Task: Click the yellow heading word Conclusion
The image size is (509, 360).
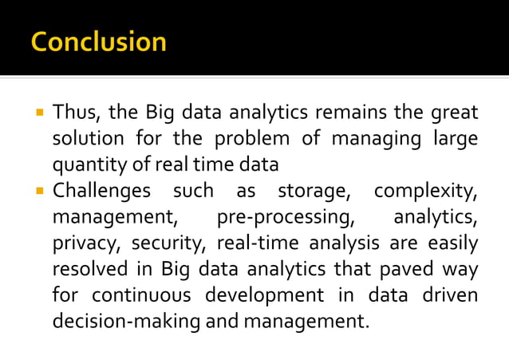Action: [x=99, y=41]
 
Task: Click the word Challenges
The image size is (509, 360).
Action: [x=101, y=191]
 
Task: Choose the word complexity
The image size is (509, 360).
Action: [x=426, y=191]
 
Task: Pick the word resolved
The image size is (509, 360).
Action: [x=88, y=270]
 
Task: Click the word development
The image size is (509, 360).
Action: [x=265, y=296]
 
